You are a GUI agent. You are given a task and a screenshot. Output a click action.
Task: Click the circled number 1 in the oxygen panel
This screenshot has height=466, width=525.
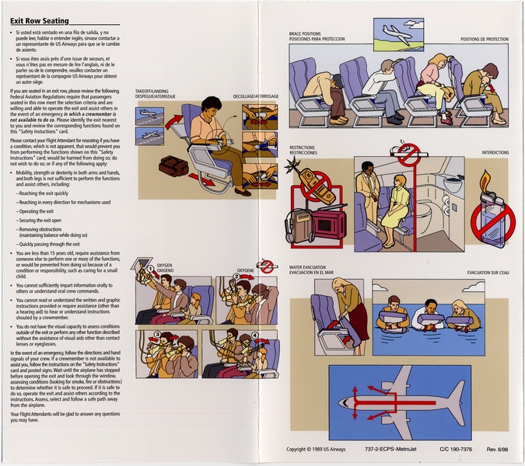pyautogui.click(x=152, y=270)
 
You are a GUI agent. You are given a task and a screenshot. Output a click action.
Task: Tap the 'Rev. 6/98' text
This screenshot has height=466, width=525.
pyautogui.click(x=497, y=449)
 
